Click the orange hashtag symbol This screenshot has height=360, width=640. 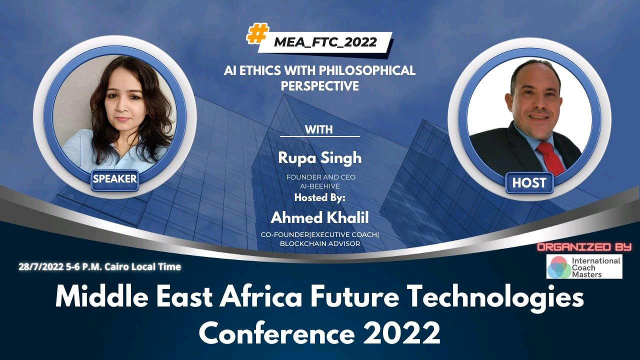(x=258, y=34)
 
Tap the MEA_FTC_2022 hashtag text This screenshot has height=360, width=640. (x=325, y=42)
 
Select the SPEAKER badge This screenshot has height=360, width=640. (x=114, y=178)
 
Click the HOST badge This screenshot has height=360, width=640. (x=529, y=183)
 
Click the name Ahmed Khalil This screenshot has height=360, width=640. (x=319, y=217)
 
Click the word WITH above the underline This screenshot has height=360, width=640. (x=319, y=129)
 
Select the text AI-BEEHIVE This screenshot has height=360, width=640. (x=320, y=186)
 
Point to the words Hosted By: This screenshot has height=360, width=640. (x=319, y=197)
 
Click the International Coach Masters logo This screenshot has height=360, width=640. (x=584, y=266)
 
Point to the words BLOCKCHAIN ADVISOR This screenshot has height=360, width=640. (x=319, y=243)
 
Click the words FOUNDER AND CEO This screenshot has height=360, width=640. (x=319, y=177)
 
